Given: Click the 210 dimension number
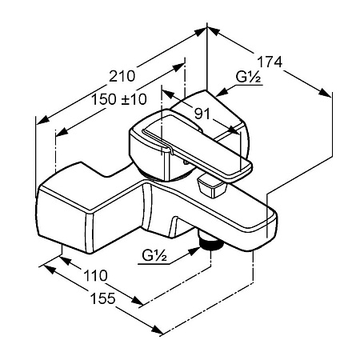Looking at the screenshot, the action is tap(122, 76).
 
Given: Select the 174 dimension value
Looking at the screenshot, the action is tap(270, 62).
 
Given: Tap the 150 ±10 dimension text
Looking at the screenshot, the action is tap(119, 99).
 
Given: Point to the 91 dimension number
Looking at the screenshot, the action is tap(202, 114).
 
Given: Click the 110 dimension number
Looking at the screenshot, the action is tap(95, 275).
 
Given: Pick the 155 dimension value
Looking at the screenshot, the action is tap(103, 298).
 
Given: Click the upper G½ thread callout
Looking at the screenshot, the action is tap(248, 78).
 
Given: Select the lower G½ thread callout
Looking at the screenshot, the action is tap(154, 256).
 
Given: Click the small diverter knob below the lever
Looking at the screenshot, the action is tap(211, 186).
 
